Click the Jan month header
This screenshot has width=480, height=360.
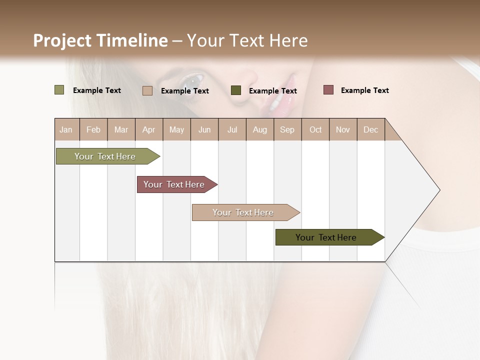(x=66, y=129)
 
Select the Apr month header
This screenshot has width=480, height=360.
(x=148, y=129)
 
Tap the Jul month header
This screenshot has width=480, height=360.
(x=232, y=129)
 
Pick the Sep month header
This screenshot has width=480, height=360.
(x=287, y=129)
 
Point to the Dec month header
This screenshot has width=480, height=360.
(x=370, y=129)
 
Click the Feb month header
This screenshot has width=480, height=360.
(x=93, y=129)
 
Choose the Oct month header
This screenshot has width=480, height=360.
(x=315, y=129)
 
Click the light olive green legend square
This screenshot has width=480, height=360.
(x=59, y=90)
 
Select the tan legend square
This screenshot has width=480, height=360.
(x=147, y=90)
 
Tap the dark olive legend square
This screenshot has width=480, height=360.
(x=236, y=90)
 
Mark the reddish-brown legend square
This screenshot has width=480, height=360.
(x=328, y=90)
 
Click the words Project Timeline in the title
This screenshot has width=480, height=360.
(x=100, y=40)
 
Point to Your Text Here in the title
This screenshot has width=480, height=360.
(x=247, y=40)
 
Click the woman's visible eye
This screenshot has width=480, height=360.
(x=192, y=79)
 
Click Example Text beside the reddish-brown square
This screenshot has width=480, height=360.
(x=364, y=90)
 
